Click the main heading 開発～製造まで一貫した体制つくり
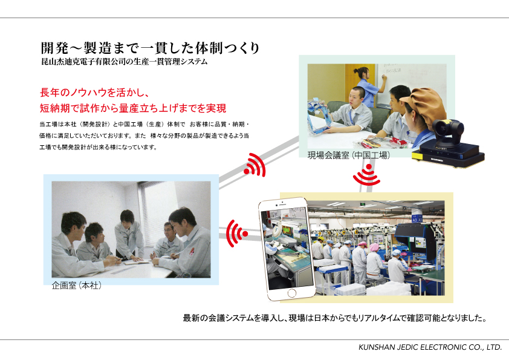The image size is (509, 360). (x=150, y=48)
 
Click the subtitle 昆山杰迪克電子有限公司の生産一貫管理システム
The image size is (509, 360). (x=125, y=61)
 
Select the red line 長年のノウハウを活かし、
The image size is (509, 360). (x=94, y=93)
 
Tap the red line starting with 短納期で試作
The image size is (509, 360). (x=133, y=108)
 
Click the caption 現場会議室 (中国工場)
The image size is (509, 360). (x=349, y=155)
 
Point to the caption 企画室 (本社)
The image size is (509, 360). (x=77, y=285)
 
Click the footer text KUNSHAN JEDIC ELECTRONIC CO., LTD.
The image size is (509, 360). (x=430, y=347)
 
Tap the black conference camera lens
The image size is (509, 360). (x=442, y=129)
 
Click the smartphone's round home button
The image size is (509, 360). (x=291, y=293)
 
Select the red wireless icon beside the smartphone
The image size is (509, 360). (x=236, y=234)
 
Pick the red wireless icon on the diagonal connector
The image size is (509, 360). (x=255, y=165)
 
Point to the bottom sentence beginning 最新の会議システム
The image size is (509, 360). (x=335, y=318)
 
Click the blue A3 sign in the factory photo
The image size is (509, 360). (x=417, y=219)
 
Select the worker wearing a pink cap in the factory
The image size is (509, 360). (x=375, y=261)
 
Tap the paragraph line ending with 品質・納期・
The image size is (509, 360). (x=144, y=124)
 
